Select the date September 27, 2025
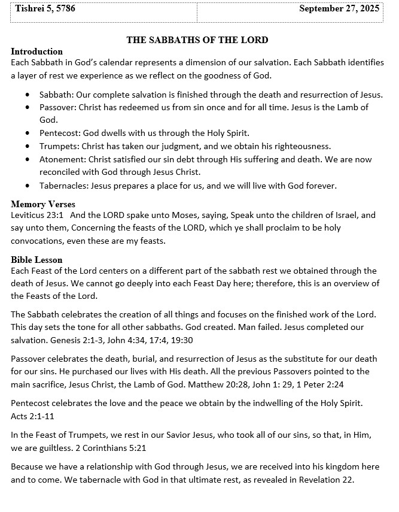click(339, 8)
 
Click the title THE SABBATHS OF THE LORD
click(197, 40)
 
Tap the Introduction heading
click(36, 51)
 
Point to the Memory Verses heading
click(41, 204)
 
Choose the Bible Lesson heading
click(36, 260)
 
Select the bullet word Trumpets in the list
click(58, 146)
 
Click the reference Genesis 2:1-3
click(56, 340)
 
